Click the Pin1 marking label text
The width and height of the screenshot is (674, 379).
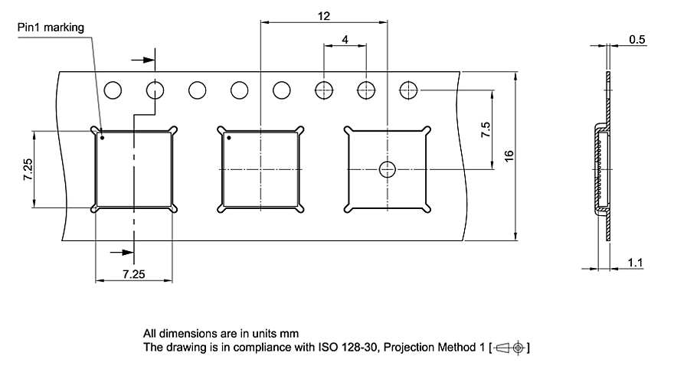pos(51,28)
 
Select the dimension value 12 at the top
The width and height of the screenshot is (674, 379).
pos(324,15)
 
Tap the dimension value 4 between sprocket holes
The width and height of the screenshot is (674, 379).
pos(345,39)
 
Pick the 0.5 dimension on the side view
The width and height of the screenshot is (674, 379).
pos(636,40)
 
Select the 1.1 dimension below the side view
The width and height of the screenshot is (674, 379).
pos(635,263)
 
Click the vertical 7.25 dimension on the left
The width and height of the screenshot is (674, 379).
pos(28,168)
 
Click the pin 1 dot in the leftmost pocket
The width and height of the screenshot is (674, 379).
pos(103,139)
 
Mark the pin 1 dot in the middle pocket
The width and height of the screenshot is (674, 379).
pos(228,139)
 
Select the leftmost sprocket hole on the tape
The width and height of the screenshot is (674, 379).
pos(113,90)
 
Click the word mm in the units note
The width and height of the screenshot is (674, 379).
pos(290,334)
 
